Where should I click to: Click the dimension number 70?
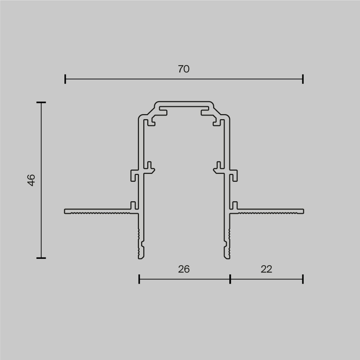tap(184, 69)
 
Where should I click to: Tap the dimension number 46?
tap(31, 180)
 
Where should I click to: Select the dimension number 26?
tap(184, 269)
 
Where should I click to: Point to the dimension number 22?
tap(266, 269)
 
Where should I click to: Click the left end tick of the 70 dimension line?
tap(65, 79)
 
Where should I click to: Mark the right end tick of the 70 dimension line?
tap(303, 79)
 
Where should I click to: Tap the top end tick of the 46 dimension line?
tap(41, 103)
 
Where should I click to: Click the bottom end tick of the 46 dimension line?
tap(41, 258)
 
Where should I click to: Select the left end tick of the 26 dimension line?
tap(139, 279)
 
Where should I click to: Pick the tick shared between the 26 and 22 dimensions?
tap(230, 279)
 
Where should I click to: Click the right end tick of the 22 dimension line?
tap(303, 279)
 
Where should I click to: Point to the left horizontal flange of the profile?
tap(97, 211)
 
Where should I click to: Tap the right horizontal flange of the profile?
tap(270, 211)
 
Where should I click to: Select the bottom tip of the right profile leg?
tap(227, 257)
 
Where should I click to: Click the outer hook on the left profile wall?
tap(134, 175)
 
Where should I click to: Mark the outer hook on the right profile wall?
tap(234, 175)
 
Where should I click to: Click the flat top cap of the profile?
tap(184, 103)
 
